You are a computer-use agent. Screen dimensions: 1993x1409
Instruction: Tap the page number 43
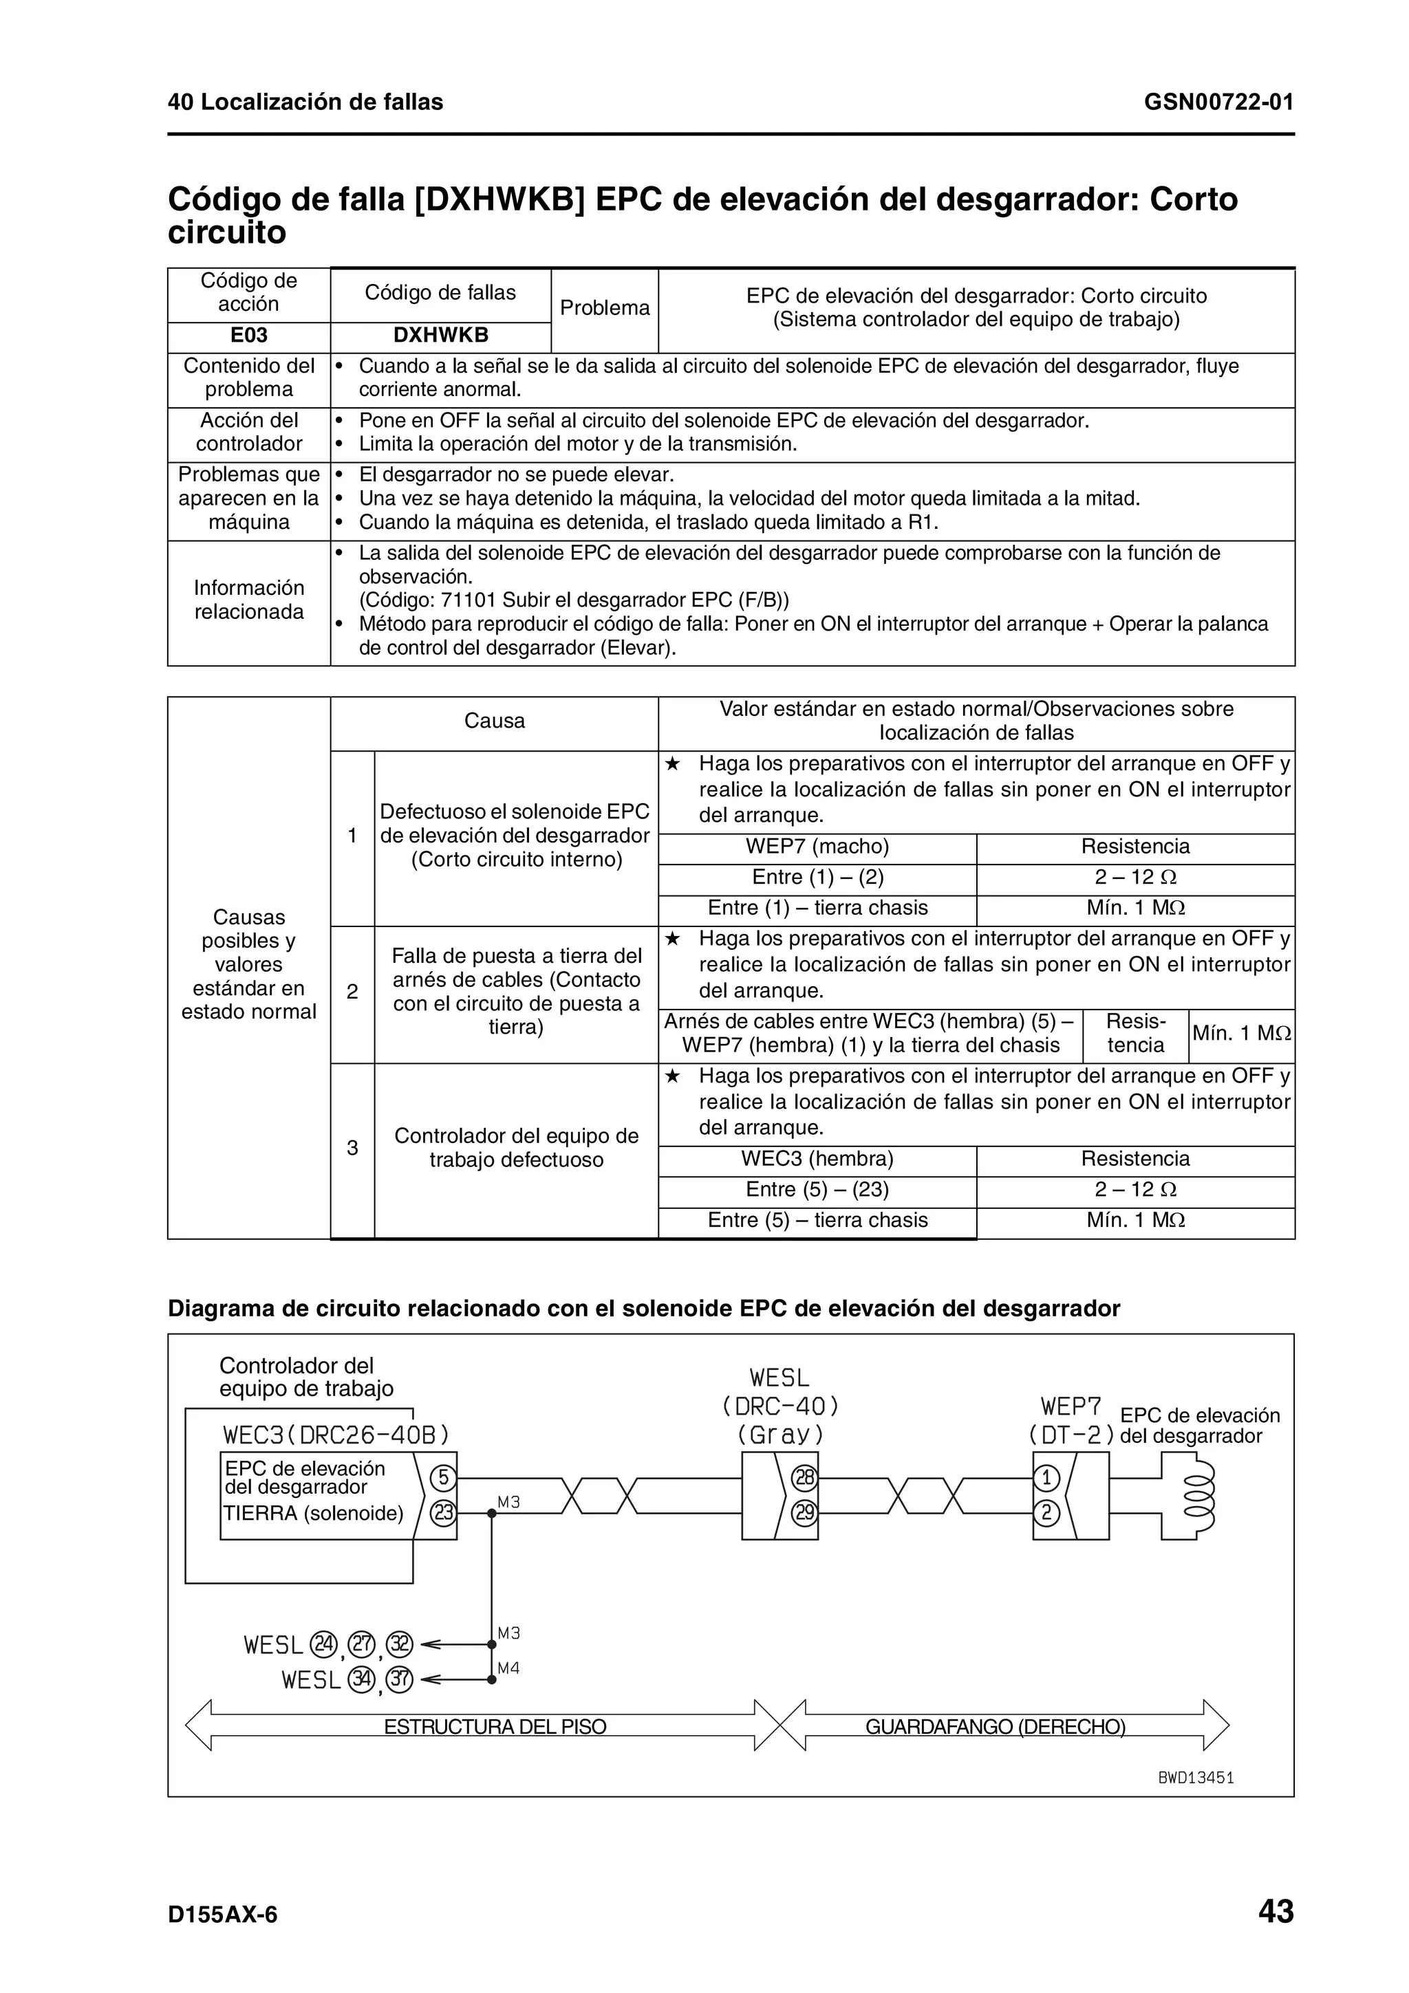point(1276,1911)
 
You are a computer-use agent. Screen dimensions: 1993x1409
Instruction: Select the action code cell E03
point(248,336)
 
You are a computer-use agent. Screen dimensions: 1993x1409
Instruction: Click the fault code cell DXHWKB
point(440,336)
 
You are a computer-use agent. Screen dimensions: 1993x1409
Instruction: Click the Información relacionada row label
point(248,600)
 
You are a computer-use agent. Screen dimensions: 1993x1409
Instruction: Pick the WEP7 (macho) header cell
point(816,847)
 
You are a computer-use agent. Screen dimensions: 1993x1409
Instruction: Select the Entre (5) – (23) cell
point(816,1189)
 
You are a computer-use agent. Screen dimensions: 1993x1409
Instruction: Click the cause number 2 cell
point(352,992)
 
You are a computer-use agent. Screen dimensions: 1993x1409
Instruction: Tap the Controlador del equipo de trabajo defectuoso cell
point(516,1148)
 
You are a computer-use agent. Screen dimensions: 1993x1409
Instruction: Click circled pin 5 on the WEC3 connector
point(443,1477)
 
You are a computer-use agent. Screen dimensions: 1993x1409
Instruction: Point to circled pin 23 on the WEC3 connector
point(443,1513)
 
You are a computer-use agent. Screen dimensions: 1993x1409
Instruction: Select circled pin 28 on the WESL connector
point(805,1477)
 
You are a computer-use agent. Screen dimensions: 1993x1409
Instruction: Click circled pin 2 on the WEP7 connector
point(1046,1513)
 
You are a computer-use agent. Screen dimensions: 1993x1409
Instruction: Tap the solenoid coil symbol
point(1203,1496)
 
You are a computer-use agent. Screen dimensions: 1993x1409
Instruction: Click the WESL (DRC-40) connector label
point(779,1405)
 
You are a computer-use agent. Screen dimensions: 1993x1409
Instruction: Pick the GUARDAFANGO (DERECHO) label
point(995,1727)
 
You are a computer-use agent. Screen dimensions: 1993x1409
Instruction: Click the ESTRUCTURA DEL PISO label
point(495,1727)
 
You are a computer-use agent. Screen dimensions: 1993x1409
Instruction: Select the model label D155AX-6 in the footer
point(222,1914)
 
